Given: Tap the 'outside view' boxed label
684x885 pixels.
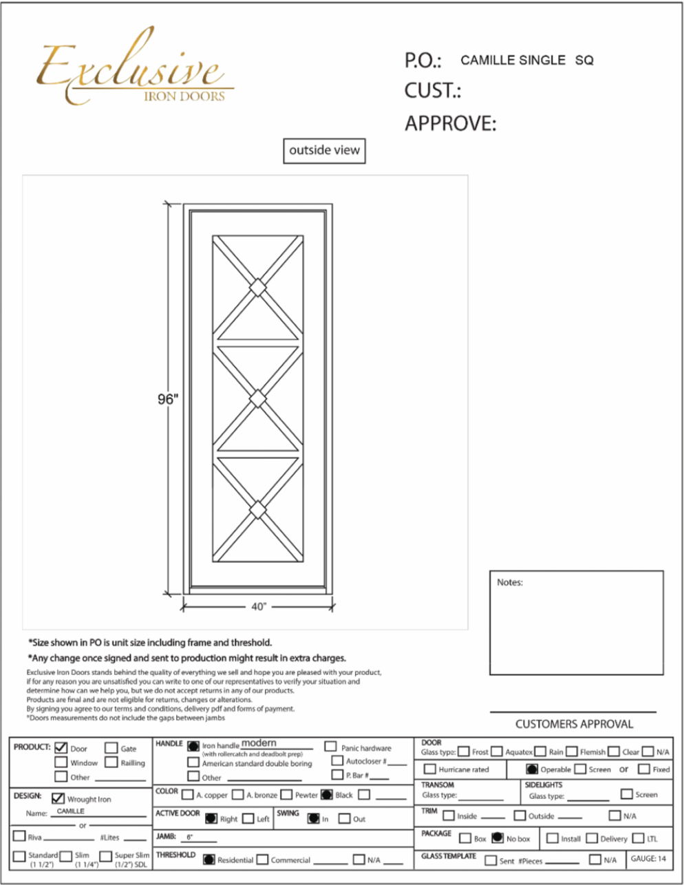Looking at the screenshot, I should tap(324, 151).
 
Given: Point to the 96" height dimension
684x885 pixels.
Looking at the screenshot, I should tap(167, 399).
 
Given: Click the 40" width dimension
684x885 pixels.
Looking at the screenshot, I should tap(258, 606).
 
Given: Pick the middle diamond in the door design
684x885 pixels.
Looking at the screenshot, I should tap(257, 399).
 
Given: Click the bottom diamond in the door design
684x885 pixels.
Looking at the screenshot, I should tap(257, 510).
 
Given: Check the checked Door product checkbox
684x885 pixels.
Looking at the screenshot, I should tap(61, 748).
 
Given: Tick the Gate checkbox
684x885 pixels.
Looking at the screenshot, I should tap(111, 748).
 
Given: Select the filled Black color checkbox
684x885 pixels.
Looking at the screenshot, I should tap(327, 795).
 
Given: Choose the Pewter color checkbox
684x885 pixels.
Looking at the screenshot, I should tap(287, 795).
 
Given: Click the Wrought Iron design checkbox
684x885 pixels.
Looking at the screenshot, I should tap(58, 799).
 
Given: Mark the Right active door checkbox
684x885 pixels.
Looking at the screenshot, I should tap(211, 819).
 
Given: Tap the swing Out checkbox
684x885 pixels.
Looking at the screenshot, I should tap(344, 819).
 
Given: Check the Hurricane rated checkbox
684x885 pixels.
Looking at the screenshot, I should tap(430, 769).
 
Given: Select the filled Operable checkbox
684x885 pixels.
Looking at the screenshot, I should tap(532, 769).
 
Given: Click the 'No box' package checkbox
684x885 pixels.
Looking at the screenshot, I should tap(498, 838).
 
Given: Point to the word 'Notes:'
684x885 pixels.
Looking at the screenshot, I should tap(510, 582).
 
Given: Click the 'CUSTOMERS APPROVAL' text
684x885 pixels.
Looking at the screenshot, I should tap(574, 724).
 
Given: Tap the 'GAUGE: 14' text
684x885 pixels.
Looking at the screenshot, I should tap(648, 859).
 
